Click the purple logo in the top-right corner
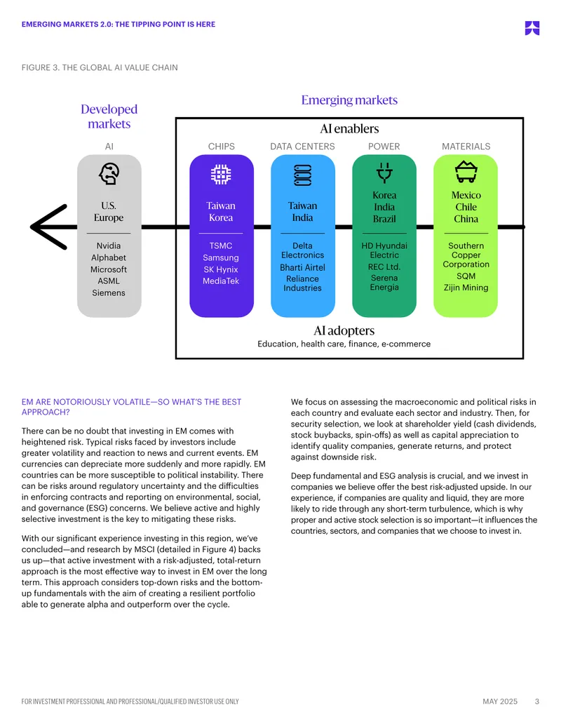click(x=532, y=28)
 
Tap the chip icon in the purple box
click(x=221, y=175)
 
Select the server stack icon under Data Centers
click(x=303, y=175)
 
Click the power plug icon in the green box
click(x=384, y=172)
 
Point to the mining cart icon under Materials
click(x=466, y=172)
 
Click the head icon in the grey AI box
click(x=109, y=174)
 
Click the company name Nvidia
click(x=109, y=246)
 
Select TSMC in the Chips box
click(x=221, y=246)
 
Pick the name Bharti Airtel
click(x=302, y=268)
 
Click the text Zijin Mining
click(x=466, y=288)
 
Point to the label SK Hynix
click(x=221, y=269)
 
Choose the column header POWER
click(x=384, y=147)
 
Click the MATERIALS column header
click(x=466, y=147)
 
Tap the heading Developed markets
click(x=109, y=116)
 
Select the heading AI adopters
click(x=344, y=330)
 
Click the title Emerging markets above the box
click(x=349, y=100)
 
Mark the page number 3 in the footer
click(x=537, y=701)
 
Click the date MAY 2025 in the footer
click(x=500, y=701)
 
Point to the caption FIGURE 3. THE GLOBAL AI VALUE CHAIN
click(x=100, y=67)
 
